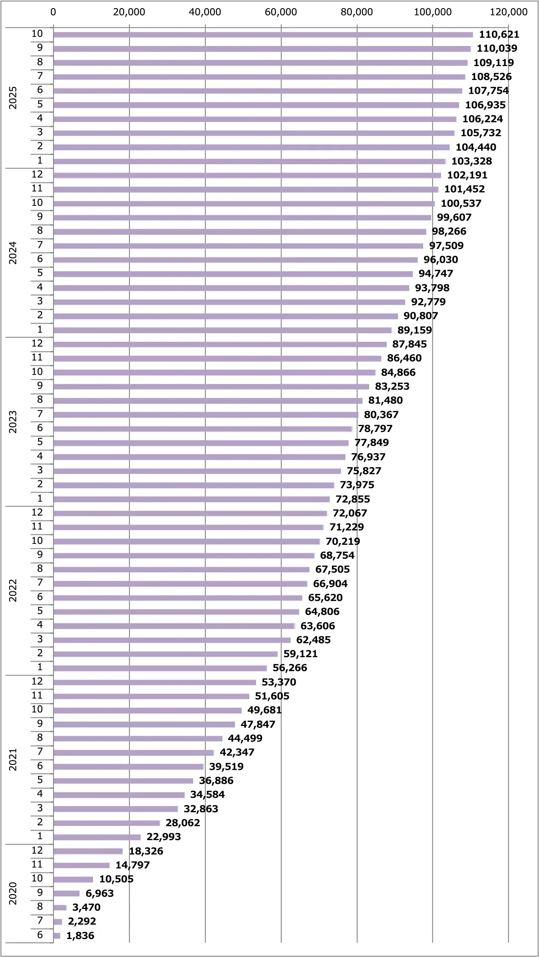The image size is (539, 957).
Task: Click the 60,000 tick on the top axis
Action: pos(281,12)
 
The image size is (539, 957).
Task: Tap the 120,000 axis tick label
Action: pos(508,12)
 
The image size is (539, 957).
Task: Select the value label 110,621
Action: pos(499,35)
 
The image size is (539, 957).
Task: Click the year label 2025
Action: pos(13,98)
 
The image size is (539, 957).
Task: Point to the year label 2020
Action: pos(13,893)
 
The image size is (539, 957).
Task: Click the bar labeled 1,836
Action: pos(57,935)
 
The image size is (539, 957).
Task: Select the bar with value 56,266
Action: pos(160,668)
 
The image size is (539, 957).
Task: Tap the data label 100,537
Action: pos(461,204)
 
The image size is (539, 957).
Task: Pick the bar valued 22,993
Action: pos(97,837)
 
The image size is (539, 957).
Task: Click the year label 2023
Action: pos(13,422)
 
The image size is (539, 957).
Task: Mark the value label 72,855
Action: pos(353,499)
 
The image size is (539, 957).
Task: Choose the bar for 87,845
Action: pos(220,344)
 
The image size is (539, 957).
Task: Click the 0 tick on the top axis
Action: pos(53,12)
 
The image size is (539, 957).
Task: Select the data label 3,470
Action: pos(86,907)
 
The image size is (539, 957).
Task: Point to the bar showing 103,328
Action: pos(249,161)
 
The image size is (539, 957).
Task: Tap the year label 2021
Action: pos(13,760)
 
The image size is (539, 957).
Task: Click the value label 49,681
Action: pos(264,710)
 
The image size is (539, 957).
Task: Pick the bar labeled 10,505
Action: pos(73,879)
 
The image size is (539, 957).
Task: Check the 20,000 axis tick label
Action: pos(129,12)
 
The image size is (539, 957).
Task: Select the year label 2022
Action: pos(13,591)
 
